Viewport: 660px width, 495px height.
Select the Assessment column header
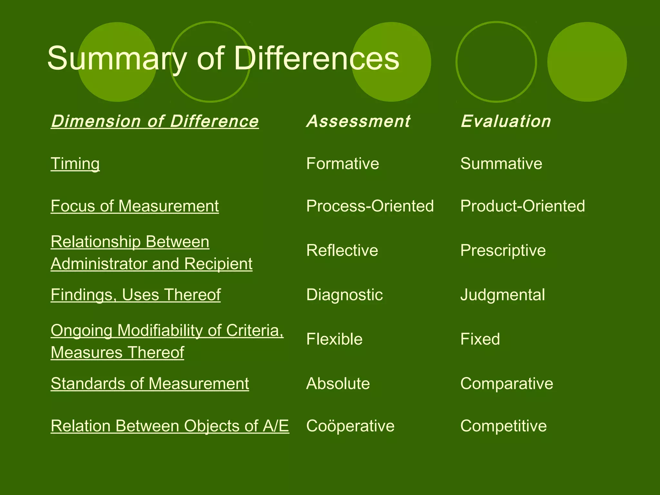click(358, 121)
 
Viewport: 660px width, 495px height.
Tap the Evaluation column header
click(506, 121)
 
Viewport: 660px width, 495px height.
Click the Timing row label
click(75, 163)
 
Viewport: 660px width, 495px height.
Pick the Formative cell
click(343, 163)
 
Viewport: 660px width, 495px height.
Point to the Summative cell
click(501, 163)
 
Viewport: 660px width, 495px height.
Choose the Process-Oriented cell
click(370, 206)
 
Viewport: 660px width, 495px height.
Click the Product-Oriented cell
click(522, 206)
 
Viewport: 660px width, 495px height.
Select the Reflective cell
click(342, 250)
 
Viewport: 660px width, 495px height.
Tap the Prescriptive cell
click(503, 250)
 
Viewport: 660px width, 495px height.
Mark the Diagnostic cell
click(345, 295)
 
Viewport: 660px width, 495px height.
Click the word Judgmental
click(503, 295)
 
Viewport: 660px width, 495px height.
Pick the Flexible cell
click(334, 339)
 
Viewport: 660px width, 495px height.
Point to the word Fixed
click(480, 339)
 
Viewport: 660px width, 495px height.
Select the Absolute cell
click(338, 383)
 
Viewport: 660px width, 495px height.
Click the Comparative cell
click(507, 383)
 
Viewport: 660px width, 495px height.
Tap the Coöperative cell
click(350, 426)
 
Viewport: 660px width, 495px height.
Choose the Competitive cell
click(503, 426)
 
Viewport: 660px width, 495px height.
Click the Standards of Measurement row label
click(150, 383)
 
